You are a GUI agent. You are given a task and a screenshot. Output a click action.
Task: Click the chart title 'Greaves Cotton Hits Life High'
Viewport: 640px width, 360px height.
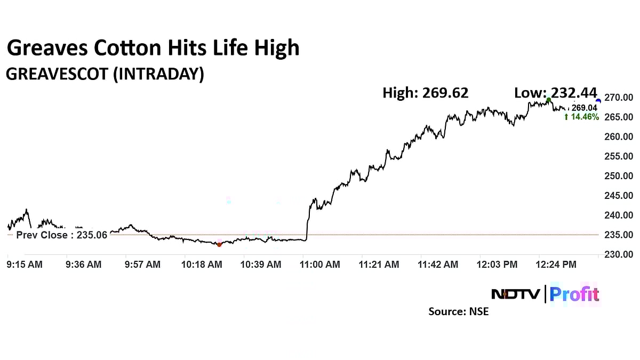pyautogui.click(x=153, y=48)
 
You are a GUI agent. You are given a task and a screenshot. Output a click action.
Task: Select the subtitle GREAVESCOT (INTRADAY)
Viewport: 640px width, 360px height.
pyautogui.click(x=105, y=74)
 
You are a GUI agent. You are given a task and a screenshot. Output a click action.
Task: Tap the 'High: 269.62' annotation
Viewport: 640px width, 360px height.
pyautogui.click(x=425, y=93)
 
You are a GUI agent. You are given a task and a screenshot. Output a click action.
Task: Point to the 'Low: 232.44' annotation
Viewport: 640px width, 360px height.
pyautogui.click(x=555, y=93)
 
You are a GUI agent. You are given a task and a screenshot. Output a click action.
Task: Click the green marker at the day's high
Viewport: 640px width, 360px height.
pyautogui.click(x=549, y=100)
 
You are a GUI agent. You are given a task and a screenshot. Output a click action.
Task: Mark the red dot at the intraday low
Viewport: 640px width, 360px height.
pyautogui.click(x=219, y=244)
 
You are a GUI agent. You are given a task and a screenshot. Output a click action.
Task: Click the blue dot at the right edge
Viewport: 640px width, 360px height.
pyautogui.click(x=598, y=101)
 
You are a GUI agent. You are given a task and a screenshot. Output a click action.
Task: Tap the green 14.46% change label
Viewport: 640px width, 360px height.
pyautogui.click(x=581, y=116)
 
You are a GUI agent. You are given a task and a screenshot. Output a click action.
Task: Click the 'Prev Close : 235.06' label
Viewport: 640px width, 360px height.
pyautogui.click(x=61, y=235)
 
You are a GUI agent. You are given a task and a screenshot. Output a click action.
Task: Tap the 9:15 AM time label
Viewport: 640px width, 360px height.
pyautogui.click(x=25, y=264)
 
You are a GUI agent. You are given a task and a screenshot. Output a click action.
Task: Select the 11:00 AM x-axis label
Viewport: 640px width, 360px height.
pyautogui.click(x=319, y=264)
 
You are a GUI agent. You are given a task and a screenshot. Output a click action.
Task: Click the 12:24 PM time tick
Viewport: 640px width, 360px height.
pyautogui.click(x=556, y=264)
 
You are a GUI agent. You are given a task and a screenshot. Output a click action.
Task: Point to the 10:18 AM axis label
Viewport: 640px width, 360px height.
pyautogui.click(x=202, y=264)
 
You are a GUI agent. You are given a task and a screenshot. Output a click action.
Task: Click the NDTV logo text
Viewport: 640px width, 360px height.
pyautogui.click(x=516, y=294)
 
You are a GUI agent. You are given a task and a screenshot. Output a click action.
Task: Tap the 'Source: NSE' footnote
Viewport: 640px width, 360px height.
pyautogui.click(x=458, y=311)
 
